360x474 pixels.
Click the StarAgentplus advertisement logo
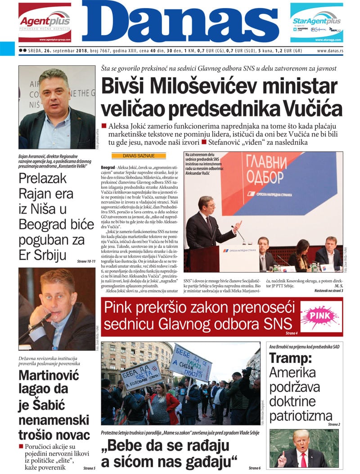coord(316,21)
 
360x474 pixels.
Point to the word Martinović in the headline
coord(49,375)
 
